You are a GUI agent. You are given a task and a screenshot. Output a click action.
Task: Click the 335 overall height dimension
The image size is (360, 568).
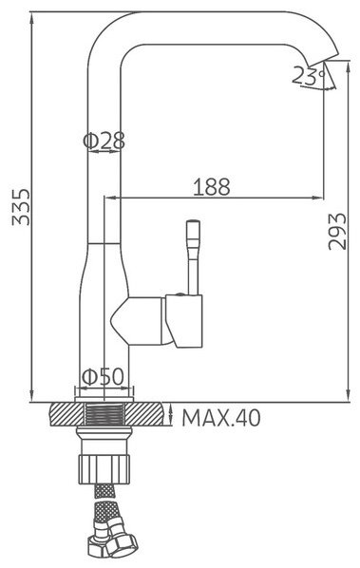point(21,207)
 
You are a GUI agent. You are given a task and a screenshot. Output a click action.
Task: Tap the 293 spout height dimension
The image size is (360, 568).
point(337,232)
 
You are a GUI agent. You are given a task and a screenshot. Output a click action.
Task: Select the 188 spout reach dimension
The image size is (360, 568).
point(212,187)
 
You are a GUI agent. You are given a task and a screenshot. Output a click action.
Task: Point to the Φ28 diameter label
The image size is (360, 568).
point(104,141)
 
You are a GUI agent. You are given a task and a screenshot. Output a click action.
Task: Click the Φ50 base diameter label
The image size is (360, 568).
point(103,377)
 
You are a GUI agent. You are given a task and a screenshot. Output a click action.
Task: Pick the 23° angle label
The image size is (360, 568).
point(308,76)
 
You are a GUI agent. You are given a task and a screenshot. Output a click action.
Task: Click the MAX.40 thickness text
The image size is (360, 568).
point(221,418)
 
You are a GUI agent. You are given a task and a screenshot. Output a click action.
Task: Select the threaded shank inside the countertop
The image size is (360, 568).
point(104,414)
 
